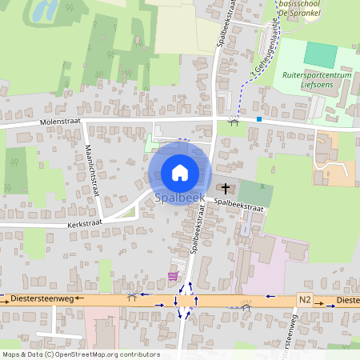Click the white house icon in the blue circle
(x=180, y=172)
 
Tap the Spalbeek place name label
(x=180, y=197)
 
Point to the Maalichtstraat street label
(x=93, y=175)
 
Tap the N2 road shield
(x=305, y=298)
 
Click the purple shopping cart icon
(x=173, y=276)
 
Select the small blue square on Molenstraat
(x=259, y=119)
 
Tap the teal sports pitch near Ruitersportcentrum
(x=321, y=54)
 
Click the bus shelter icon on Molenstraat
(x=234, y=119)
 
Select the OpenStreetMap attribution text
(x=70, y=354)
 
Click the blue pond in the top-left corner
(x=44, y=10)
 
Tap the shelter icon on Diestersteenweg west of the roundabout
(x=132, y=296)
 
